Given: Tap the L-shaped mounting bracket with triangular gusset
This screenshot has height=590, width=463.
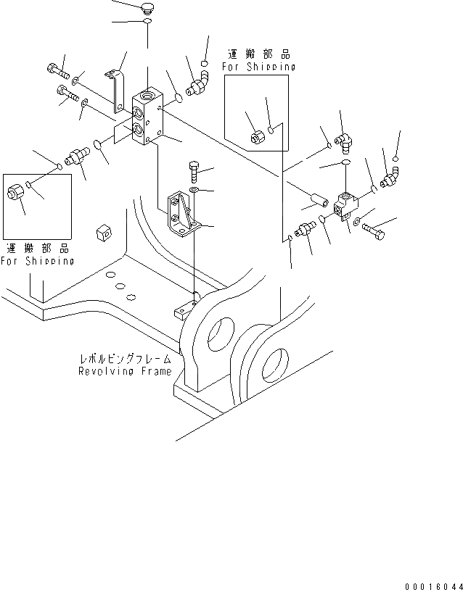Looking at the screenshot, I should click(x=179, y=215).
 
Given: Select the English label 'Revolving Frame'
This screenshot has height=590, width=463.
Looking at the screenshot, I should click(x=125, y=371).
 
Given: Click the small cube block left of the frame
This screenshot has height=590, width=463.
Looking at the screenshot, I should click(x=103, y=233).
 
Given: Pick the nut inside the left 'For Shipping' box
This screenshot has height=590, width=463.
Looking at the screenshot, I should click(x=15, y=193).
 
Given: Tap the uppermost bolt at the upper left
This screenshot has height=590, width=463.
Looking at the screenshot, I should click(x=57, y=70).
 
